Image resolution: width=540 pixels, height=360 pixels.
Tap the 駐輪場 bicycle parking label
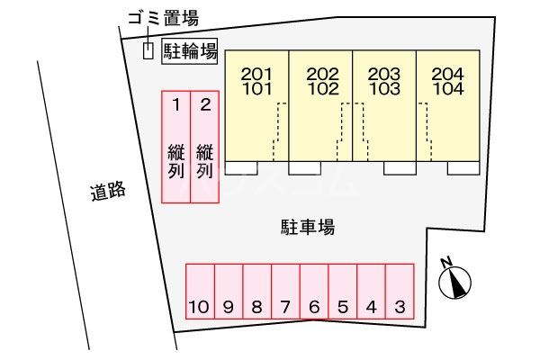pyautogui.click(x=190, y=51)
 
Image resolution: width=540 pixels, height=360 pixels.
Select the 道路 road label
pyautogui.click(x=108, y=191)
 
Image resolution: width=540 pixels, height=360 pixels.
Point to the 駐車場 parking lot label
pyautogui.click(x=308, y=227)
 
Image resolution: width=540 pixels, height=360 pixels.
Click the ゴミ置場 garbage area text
pyautogui.click(x=164, y=18)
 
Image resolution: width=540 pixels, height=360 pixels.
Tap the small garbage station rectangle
pyautogui.click(x=148, y=51)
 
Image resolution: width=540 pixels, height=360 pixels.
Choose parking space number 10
pyautogui.click(x=200, y=292)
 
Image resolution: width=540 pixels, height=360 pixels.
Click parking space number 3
pyautogui.click(x=400, y=292)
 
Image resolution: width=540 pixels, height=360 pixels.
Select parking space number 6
pyautogui.click(x=314, y=292)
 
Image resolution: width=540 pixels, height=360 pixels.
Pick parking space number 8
pyautogui.click(x=256, y=292)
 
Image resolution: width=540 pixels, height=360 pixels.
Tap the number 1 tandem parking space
pyautogui.click(x=176, y=147)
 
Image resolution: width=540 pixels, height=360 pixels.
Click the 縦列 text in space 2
pyautogui.click(x=205, y=162)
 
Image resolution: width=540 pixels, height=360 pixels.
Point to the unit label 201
pyautogui.click(x=256, y=74)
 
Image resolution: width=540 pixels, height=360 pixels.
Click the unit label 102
pyautogui.click(x=323, y=89)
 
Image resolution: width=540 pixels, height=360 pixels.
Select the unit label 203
pyautogui.click(x=384, y=74)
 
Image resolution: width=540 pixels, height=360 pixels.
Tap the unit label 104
pyautogui.click(x=448, y=89)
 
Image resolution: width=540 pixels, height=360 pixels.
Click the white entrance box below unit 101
pyautogui.click(x=241, y=168)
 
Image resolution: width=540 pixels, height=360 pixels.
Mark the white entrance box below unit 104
pyautogui.click(x=463, y=168)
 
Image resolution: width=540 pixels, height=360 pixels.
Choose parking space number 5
pyautogui.click(x=343, y=292)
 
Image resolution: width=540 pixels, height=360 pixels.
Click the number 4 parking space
pyautogui.click(x=371, y=292)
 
